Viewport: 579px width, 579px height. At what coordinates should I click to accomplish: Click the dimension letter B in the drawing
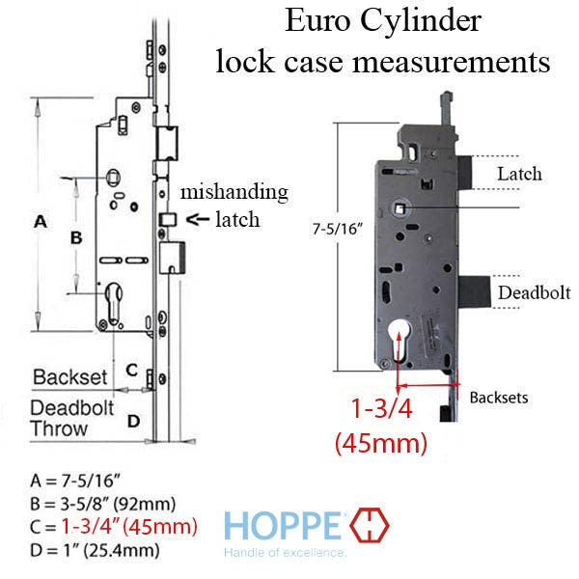click(x=77, y=236)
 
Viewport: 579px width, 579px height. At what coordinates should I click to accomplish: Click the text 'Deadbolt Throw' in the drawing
click(x=71, y=417)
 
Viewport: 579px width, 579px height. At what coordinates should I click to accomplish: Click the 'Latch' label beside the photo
click(x=519, y=175)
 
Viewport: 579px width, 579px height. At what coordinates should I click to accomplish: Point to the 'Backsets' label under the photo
click(x=498, y=397)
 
